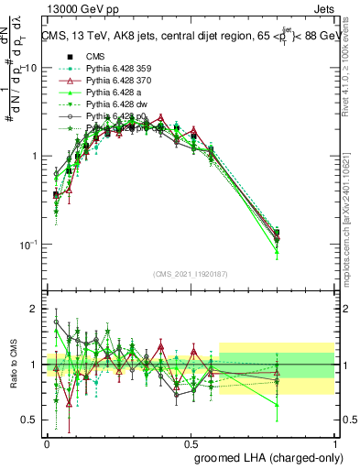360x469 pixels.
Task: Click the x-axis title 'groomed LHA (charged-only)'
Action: coord(265,456)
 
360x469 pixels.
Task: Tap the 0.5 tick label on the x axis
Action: coord(191,442)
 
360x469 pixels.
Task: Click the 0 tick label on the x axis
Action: coord(48,442)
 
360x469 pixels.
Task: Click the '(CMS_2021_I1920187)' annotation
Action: coord(191,274)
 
